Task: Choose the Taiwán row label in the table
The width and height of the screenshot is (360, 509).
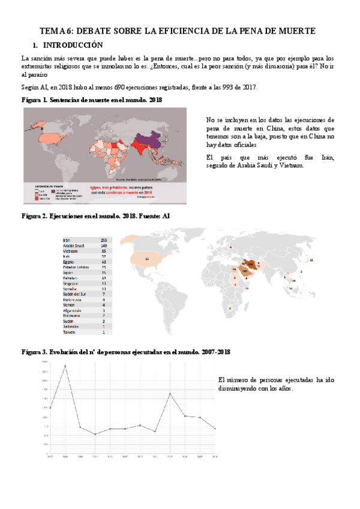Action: (x=69, y=331)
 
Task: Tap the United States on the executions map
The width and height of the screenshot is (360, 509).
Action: (x=147, y=259)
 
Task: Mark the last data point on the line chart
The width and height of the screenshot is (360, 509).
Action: (x=215, y=429)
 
